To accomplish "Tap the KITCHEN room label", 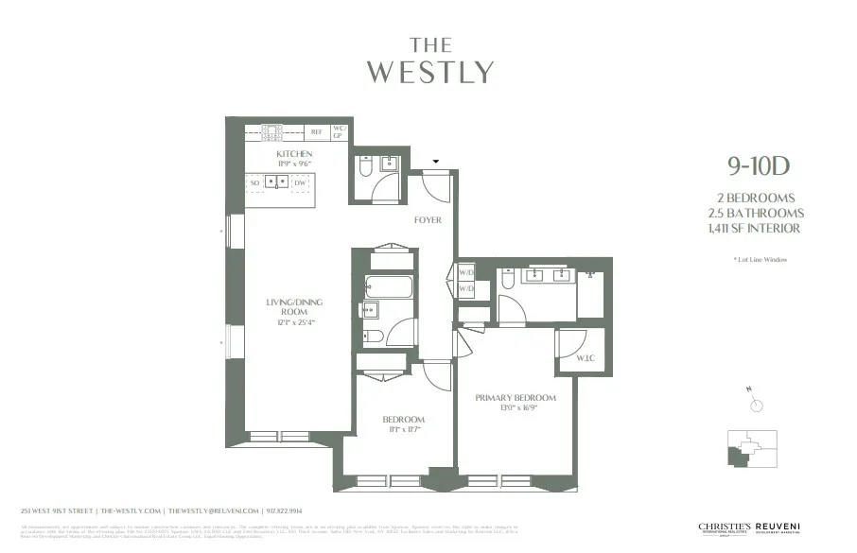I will pyautogui.click(x=294, y=154).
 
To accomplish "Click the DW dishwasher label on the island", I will pyautogui.click(x=299, y=182).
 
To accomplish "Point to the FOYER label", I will pyautogui.click(x=428, y=220).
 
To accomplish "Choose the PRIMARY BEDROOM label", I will pyautogui.click(x=516, y=398).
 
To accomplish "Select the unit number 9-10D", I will pyautogui.click(x=758, y=167).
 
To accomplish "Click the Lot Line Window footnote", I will pyautogui.click(x=760, y=259).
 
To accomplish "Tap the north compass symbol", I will pyautogui.click(x=756, y=405).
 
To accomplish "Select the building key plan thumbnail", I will pyautogui.click(x=752, y=449).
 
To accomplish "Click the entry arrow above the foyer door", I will pyautogui.click(x=436, y=162).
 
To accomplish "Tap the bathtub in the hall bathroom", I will pyautogui.click(x=389, y=286).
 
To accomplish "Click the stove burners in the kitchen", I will pyautogui.click(x=271, y=132).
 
